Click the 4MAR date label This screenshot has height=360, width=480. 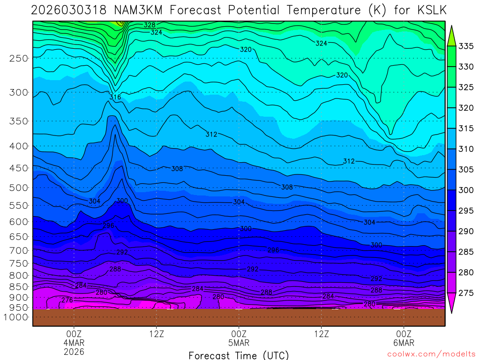pyautogui.click(x=74, y=342)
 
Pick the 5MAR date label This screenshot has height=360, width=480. pyautogui.click(x=239, y=342)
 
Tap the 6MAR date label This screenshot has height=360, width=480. pyautogui.click(x=404, y=342)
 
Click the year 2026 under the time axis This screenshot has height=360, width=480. pyautogui.click(x=74, y=351)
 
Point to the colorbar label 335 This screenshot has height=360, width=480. pyautogui.click(x=466, y=46)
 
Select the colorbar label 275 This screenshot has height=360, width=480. pyautogui.click(x=466, y=292)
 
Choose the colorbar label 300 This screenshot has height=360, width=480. pyautogui.click(x=466, y=190)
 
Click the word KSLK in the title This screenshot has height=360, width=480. pyautogui.click(x=429, y=10)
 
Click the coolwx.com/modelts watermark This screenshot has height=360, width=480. pyautogui.click(x=431, y=354)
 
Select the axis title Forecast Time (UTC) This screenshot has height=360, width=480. pyautogui.click(x=239, y=355)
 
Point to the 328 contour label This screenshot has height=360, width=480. pyautogui.click(x=150, y=25)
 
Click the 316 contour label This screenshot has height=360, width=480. pyautogui.click(x=115, y=97)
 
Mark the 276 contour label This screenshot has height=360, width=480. pyautogui.click(x=67, y=300)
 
